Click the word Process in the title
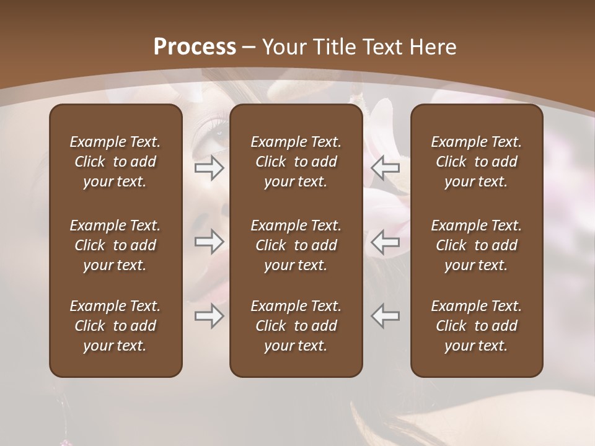click(195, 47)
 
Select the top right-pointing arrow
click(209, 167)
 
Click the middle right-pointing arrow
click(209, 242)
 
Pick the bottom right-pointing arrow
click(209, 316)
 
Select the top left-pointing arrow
click(386, 167)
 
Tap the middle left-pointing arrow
click(386, 242)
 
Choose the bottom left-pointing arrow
click(386, 316)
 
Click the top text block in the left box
click(115, 162)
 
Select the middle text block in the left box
click(115, 245)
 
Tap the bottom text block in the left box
click(115, 326)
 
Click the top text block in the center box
click(296, 162)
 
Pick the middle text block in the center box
click(296, 245)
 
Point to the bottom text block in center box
click(296, 326)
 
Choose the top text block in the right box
click(477, 162)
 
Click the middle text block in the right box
click(477, 245)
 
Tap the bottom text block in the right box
click(477, 326)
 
